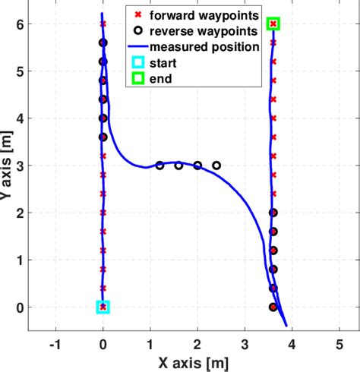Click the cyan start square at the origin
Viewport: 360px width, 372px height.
click(103, 307)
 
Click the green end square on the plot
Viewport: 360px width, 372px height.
click(273, 24)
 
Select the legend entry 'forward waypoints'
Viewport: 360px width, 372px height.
click(204, 15)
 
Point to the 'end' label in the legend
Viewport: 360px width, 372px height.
click(160, 77)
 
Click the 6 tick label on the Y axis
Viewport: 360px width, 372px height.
click(17, 24)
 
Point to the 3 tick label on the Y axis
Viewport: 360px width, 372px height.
click(17, 166)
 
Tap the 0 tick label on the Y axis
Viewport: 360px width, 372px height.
click(17, 307)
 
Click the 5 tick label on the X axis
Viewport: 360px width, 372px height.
click(339, 343)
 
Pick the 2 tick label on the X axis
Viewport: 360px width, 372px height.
click(197, 343)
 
